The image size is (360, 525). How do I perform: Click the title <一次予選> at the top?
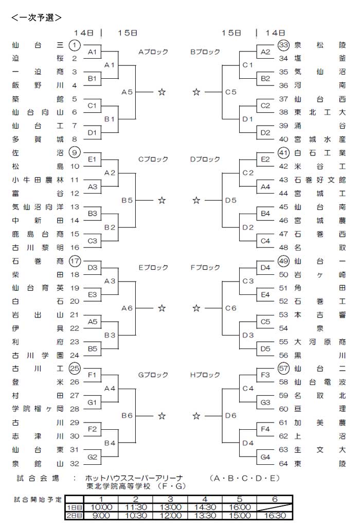37,17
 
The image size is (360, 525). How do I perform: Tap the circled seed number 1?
75,45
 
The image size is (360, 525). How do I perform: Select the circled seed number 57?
283,369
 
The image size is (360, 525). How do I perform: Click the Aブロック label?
153,52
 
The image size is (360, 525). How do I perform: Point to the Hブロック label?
205,375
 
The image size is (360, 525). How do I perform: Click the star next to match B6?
162,416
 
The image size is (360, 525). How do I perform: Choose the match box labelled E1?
93,160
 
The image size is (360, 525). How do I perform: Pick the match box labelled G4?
265,457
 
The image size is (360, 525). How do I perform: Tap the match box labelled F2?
93,429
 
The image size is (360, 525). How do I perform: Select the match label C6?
231,308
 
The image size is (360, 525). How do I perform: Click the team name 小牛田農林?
38,180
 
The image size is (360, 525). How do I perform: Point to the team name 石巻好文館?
320,180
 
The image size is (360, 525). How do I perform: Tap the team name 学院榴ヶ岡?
38,409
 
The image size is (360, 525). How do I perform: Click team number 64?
283,464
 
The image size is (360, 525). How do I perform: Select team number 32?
75,464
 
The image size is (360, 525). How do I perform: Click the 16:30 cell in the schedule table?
275,516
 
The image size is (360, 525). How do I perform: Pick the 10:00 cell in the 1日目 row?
101,507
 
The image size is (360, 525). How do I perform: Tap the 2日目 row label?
74,516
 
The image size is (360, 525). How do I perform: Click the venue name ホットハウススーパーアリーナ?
134,478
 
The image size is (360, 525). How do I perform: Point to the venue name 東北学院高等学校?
118,486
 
